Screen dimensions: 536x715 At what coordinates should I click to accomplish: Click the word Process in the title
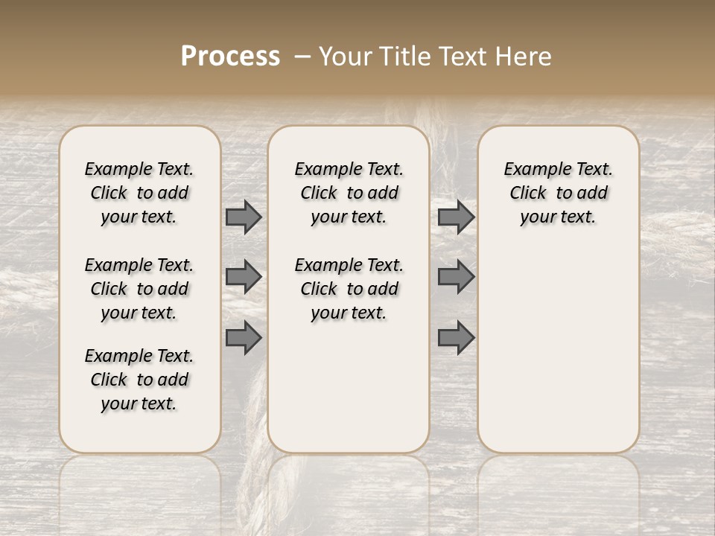click(x=230, y=57)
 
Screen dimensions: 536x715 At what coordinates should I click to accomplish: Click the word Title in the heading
click(x=401, y=57)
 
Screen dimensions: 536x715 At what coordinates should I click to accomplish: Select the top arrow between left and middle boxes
click(x=244, y=217)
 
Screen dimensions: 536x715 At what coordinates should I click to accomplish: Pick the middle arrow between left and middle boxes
click(x=244, y=277)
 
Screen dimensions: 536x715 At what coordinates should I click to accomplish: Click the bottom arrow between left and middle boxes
click(x=244, y=337)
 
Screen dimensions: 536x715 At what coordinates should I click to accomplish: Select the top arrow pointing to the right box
click(x=456, y=217)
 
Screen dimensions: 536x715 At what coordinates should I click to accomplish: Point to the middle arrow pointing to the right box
click(x=456, y=277)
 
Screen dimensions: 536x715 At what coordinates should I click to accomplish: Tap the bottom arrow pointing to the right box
click(x=456, y=337)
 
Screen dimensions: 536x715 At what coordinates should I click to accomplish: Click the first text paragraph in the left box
click(x=139, y=193)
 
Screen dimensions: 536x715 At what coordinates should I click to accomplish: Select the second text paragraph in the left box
click(x=139, y=289)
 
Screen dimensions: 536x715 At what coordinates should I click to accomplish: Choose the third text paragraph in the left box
click(x=139, y=380)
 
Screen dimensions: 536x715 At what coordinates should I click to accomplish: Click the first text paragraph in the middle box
click(x=349, y=193)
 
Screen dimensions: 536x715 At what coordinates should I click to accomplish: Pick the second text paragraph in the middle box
click(x=349, y=289)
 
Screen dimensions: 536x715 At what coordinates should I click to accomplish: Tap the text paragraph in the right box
click(x=559, y=193)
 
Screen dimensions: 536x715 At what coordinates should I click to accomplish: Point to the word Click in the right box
click(x=528, y=194)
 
